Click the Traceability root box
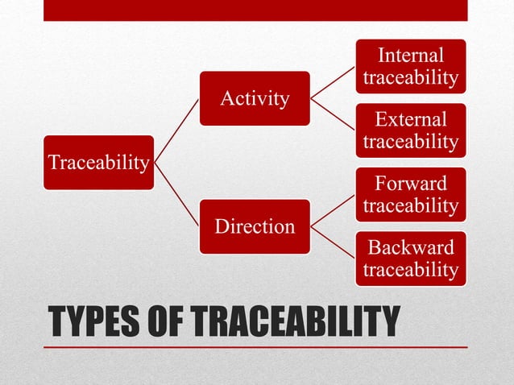(x=98, y=163)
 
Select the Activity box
(x=255, y=98)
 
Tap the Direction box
(x=255, y=226)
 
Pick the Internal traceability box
(x=411, y=66)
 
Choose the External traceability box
(x=411, y=130)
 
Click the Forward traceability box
(x=411, y=194)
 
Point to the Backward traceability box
(x=411, y=258)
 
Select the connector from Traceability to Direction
(x=177, y=195)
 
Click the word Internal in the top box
(x=411, y=56)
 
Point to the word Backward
(x=411, y=247)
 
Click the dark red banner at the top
(x=255, y=10)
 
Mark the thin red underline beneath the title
(x=255, y=347)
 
